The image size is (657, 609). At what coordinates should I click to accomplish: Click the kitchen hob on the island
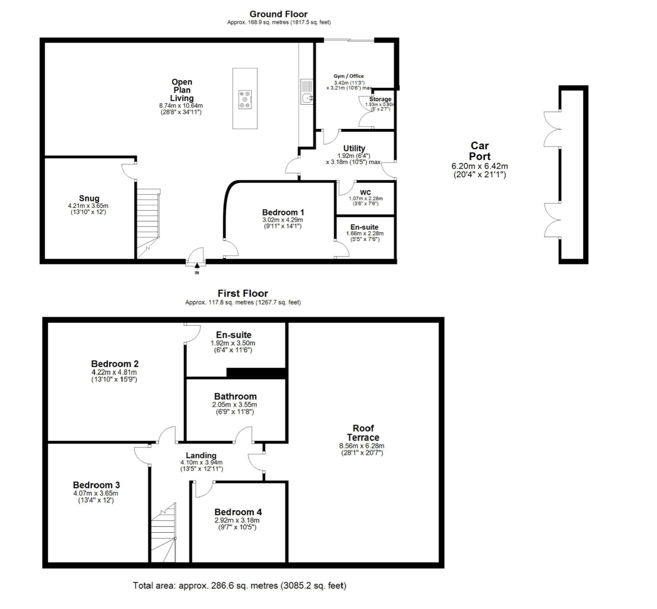click(245, 100)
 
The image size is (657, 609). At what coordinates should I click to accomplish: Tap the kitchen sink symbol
click(306, 91)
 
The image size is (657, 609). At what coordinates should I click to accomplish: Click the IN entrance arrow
click(197, 265)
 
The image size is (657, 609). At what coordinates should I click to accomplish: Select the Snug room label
click(89, 198)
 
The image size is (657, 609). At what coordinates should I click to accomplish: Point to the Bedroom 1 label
click(283, 212)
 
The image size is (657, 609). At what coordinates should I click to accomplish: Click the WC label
click(365, 193)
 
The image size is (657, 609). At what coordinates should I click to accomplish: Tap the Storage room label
click(380, 99)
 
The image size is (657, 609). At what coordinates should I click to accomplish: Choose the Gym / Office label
click(349, 76)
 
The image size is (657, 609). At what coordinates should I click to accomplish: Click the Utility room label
click(354, 148)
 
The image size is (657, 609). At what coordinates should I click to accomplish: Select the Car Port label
click(480, 151)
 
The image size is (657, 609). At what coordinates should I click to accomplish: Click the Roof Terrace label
click(363, 433)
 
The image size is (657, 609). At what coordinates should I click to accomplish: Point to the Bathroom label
click(235, 397)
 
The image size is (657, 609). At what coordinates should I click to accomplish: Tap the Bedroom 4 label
click(238, 512)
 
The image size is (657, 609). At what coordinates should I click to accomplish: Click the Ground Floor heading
click(279, 14)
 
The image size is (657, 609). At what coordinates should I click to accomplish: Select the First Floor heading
click(243, 293)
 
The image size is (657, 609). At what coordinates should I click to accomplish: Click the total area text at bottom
click(240, 586)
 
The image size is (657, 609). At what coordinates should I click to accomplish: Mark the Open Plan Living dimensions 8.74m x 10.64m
click(181, 106)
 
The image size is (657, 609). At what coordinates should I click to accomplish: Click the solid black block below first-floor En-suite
click(256, 372)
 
